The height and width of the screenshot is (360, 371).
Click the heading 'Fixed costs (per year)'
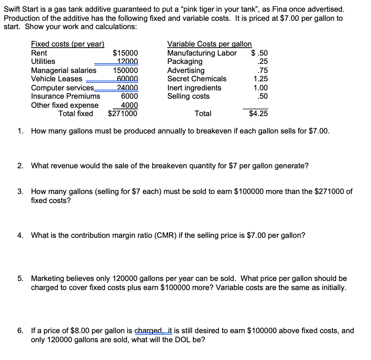click(67, 44)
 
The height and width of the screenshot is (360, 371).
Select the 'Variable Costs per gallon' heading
click(209, 44)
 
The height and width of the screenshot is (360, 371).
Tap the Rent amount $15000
click(126, 53)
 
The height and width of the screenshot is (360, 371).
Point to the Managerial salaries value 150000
click(126, 70)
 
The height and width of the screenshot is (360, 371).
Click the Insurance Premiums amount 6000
click(129, 96)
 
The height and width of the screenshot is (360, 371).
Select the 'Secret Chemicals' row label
click(197, 79)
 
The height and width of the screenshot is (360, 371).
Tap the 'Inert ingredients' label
click(194, 88)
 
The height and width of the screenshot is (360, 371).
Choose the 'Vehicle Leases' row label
click(56, 79)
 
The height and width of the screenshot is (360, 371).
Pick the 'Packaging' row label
click(185, 61)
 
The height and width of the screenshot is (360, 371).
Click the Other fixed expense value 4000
click(129, 105)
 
